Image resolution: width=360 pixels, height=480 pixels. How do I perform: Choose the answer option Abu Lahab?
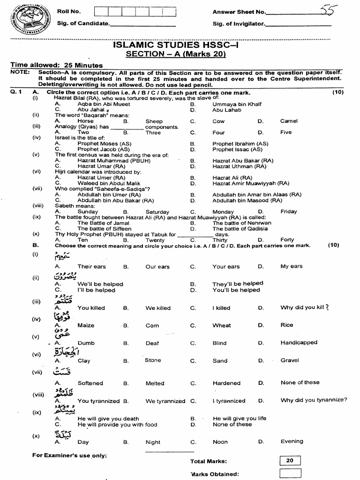227,110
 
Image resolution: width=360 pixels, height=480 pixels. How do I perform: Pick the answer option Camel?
289,121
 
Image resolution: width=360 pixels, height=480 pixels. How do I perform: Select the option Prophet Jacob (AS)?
104,150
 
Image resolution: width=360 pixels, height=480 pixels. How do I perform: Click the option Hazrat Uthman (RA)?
239,166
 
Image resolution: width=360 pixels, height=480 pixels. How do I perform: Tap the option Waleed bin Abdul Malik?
109,183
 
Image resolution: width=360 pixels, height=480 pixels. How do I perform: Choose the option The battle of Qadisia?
241,229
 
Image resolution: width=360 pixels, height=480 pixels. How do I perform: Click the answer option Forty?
287,240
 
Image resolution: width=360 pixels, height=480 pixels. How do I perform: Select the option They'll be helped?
238,284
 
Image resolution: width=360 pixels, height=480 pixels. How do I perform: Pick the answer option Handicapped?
299,343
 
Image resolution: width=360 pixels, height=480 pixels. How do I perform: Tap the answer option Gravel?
290,360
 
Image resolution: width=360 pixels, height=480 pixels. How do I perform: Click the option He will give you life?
239,418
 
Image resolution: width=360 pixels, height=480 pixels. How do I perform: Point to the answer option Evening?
292,441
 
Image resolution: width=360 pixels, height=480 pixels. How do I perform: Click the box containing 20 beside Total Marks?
290,460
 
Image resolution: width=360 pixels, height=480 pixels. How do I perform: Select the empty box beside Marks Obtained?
290,473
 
